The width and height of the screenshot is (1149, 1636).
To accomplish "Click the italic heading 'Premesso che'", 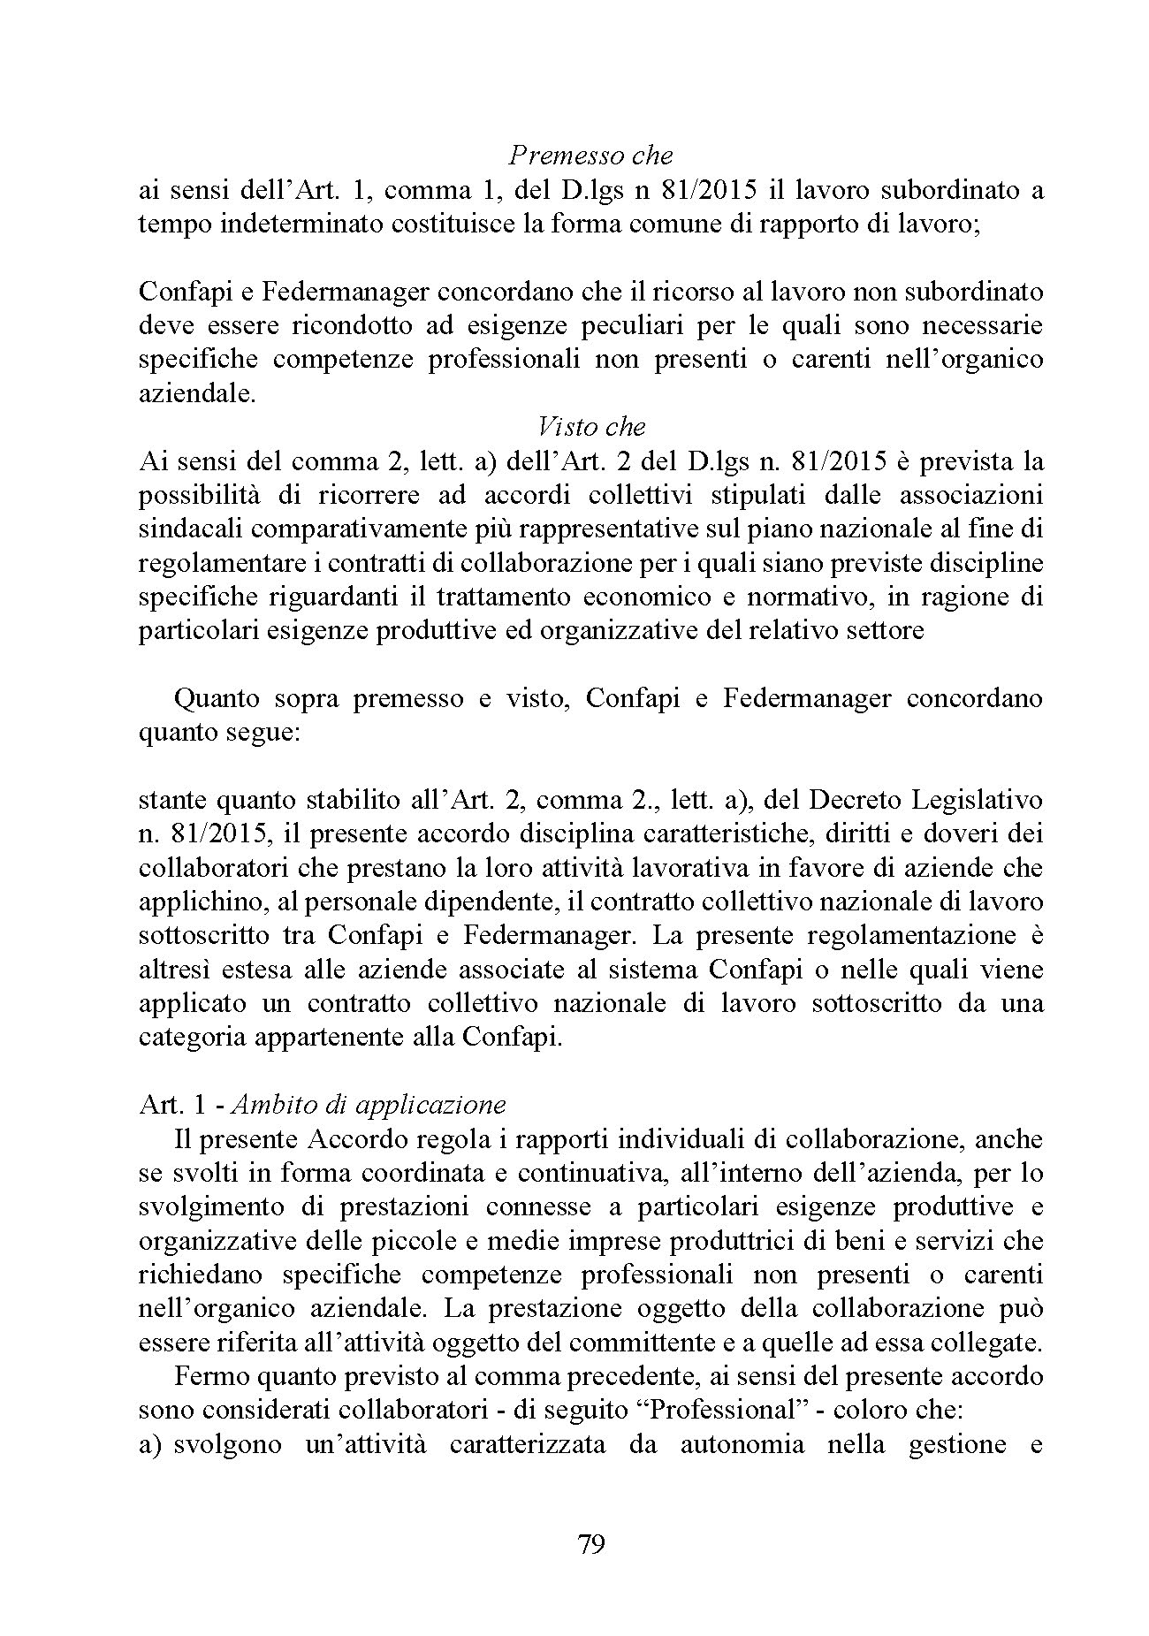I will click(x=590, y=156).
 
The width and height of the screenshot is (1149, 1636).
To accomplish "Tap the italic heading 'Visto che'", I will click(x=591, y=427).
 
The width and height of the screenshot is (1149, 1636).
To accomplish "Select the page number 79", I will click(x=590, y=1544).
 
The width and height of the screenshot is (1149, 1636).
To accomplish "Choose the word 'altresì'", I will click(x=174, y=970).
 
